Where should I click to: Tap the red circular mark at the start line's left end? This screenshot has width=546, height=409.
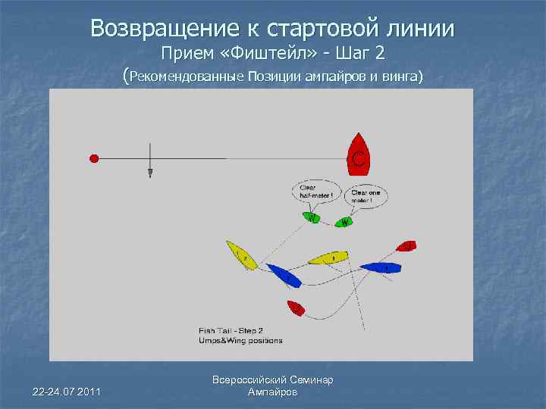coord(94,158)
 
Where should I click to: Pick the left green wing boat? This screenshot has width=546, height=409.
coord(311,219)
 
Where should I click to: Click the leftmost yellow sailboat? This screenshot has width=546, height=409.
coord(240,254)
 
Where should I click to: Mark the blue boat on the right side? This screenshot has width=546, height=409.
coord(381,268)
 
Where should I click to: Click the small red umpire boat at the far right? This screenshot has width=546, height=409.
coord(406,246)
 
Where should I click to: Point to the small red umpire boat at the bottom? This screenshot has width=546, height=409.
coord(296,308)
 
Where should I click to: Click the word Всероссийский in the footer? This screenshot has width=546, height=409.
coord(249,379)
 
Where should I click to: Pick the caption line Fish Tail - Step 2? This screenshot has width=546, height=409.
coord(231,331)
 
